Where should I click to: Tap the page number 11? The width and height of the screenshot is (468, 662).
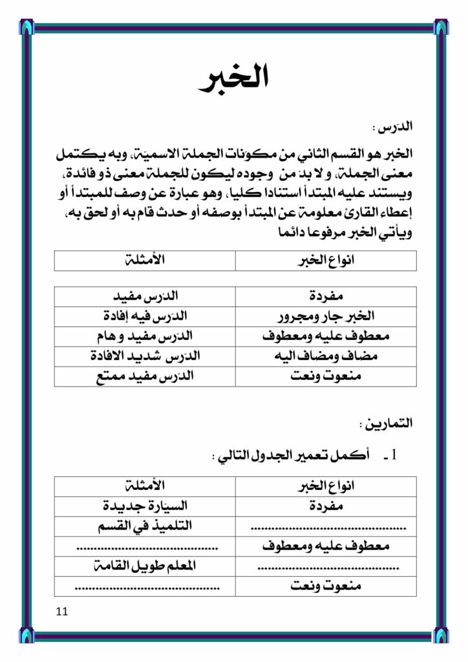62,611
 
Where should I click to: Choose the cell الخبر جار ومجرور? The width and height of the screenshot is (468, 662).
326,317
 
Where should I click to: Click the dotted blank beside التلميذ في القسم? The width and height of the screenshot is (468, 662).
326,528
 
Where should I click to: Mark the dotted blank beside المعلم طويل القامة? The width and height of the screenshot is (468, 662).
326,568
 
